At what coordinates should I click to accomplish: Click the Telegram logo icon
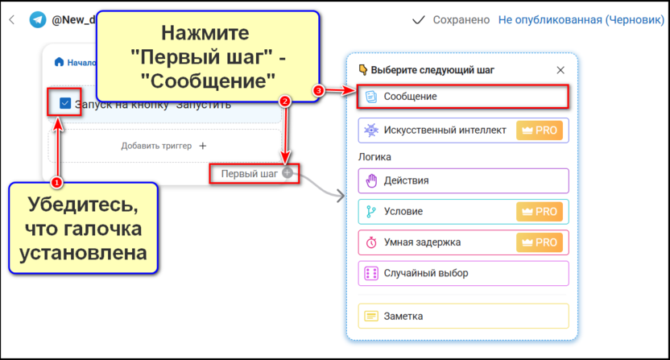point(37,19)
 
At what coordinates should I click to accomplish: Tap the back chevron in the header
point(12,19)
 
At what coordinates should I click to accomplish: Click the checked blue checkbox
point(65,103)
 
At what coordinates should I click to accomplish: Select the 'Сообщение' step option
point(463,97)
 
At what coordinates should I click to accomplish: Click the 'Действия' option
point(463,180)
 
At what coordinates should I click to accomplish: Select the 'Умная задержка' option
point(439,242)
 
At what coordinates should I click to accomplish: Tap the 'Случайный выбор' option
point(463,273)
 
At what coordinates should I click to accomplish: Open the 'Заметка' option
point(463,317)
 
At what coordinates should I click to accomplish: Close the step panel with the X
point(560,70)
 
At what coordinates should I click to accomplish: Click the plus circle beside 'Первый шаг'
point(287,173)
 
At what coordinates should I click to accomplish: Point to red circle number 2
point(283,101)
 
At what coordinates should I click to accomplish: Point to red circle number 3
point(318,91)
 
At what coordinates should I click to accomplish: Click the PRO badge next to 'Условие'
point(540,212)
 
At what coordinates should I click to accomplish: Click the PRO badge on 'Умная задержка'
point(540,242)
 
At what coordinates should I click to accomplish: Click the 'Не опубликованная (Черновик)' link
point(581,19)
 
